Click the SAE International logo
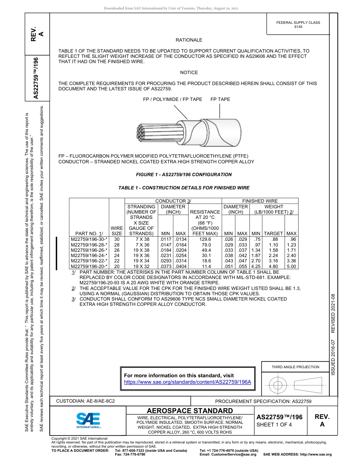88,420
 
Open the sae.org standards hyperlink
188,382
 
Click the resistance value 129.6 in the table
205,239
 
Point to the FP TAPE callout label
220,99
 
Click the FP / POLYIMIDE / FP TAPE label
172,99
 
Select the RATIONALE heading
189,40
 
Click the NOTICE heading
189,73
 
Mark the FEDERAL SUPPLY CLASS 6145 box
298,25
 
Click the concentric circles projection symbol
278,385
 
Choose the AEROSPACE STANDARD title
190,411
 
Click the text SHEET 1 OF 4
274,425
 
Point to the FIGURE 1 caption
184,175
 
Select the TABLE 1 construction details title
184,188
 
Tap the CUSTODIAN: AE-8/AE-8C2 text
85,400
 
